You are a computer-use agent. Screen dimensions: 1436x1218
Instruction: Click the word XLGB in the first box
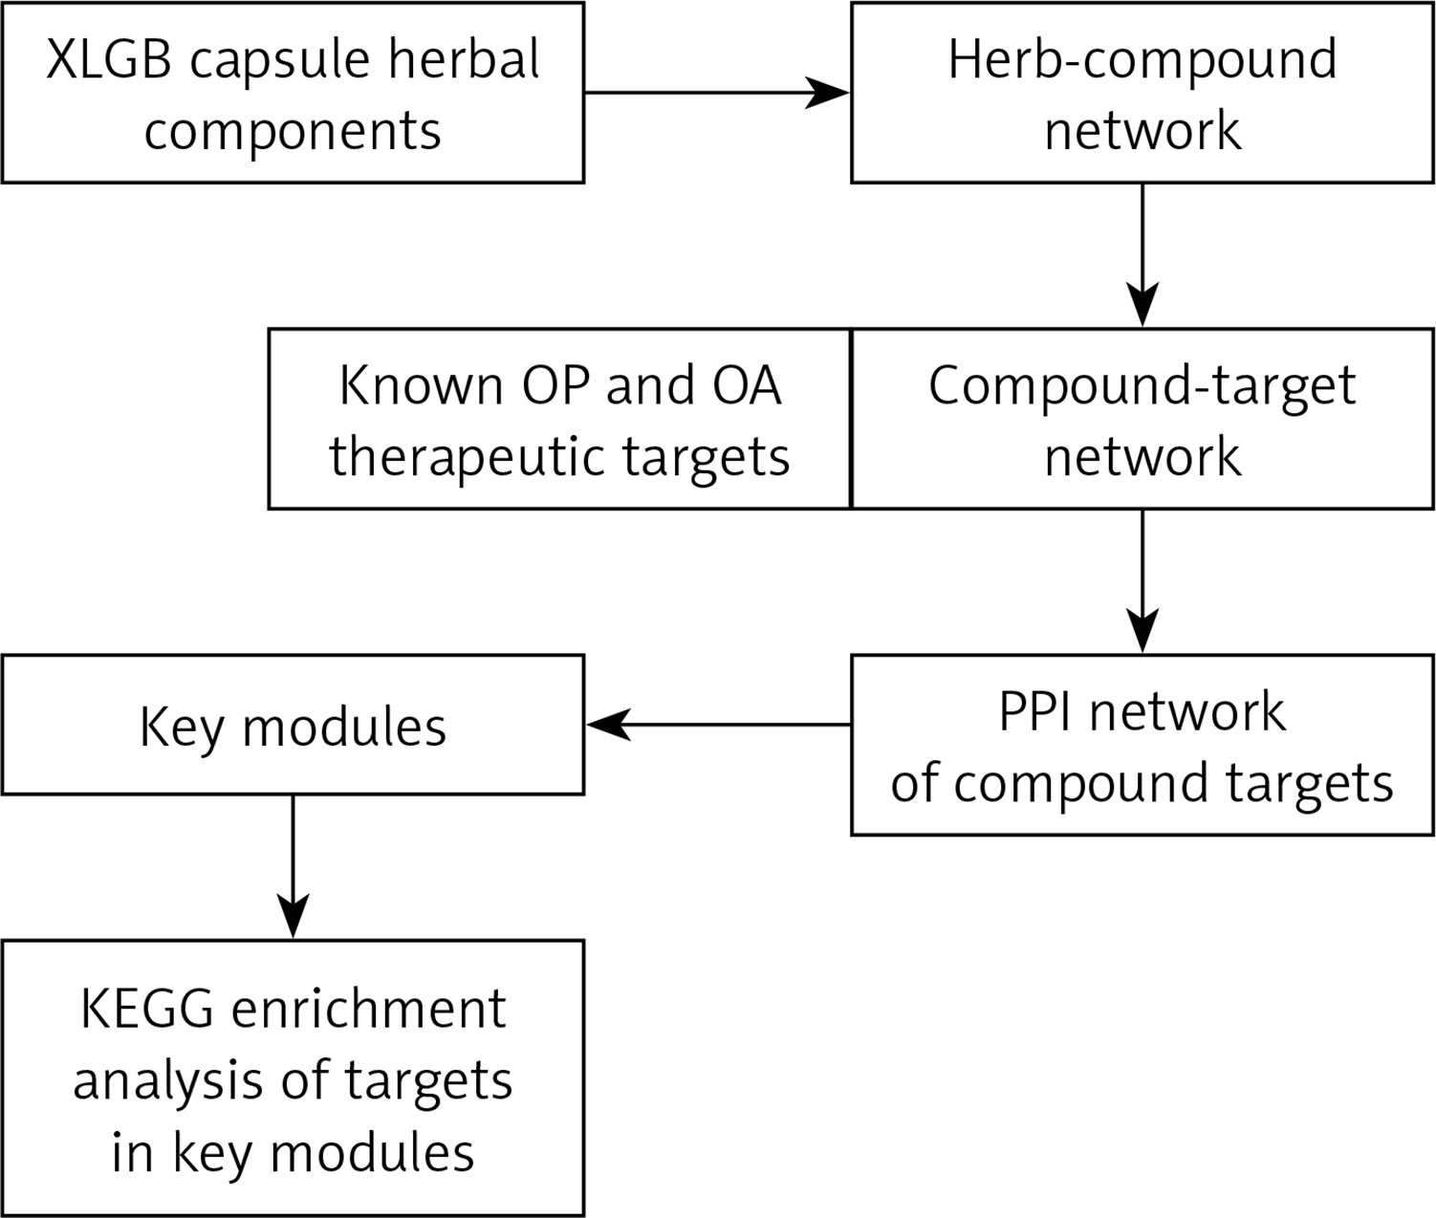108,59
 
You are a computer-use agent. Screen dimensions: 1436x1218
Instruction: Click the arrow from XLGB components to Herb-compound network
717,92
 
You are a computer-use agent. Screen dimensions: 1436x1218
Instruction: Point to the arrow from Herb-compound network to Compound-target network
1142,255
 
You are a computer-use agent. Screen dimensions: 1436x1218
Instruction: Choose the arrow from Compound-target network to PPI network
1142,581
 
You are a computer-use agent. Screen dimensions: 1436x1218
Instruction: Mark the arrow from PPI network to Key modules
718,725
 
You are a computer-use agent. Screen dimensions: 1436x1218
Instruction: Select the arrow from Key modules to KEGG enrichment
293,866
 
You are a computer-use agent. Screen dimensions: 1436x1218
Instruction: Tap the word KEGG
146,1010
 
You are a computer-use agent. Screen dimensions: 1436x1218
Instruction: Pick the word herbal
464,58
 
